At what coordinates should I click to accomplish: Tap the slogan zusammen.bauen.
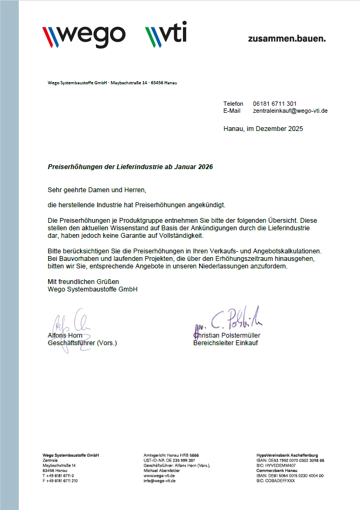pyautogui.click(x=286, y=39)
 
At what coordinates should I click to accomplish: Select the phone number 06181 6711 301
pyautogui.click(x=275, y=104)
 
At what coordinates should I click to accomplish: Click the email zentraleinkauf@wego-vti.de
pyautogui.click(x=290, y=111)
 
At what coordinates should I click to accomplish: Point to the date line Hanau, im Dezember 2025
pyautogui.click(x=263, y=129)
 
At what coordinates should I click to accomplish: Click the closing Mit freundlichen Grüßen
pyautogui.click(x=83, y=281)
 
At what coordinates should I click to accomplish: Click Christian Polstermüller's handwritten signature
pyautogui.click(x=228, y=320)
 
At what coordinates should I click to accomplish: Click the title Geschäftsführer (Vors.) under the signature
pyautogui.click(x=82, y=343)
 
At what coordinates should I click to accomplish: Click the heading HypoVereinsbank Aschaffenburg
pyautogui.click(x=287, y=455)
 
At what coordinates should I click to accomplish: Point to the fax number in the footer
pyautogui.click(x=60, y=480)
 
